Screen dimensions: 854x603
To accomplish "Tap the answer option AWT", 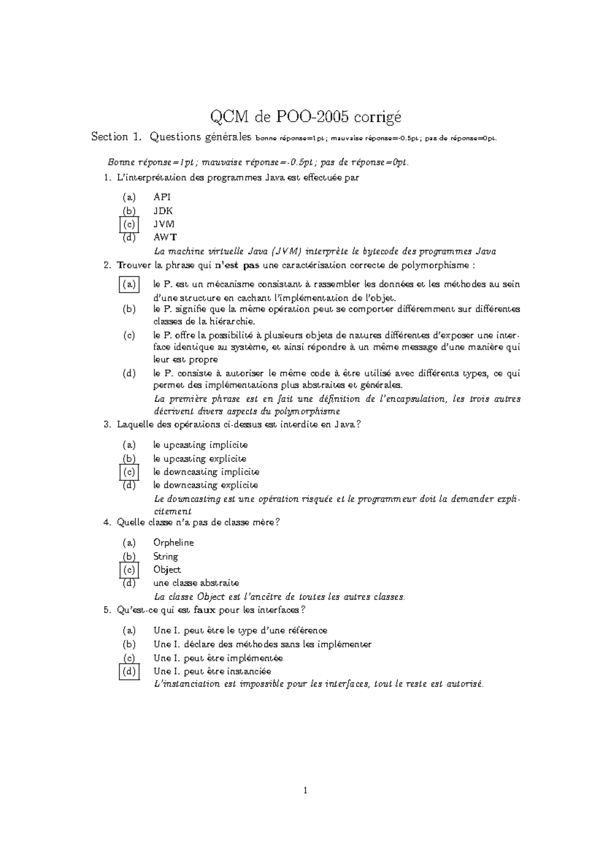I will [165, 237].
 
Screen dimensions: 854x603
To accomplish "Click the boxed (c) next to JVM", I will [129, 224].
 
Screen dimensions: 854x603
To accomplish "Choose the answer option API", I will [162, 197].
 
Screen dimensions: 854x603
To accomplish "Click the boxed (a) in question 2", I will [129, 285].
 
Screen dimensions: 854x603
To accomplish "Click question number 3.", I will [107, 424].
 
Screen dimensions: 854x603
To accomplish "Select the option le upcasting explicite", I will [199, 459].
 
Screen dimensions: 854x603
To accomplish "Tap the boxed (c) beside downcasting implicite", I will [129, 472].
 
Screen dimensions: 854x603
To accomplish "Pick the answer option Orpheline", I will [173, 543].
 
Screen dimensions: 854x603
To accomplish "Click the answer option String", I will [165, 556].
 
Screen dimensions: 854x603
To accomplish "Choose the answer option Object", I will [167, 570].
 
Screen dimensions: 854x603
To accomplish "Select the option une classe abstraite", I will [196, 583].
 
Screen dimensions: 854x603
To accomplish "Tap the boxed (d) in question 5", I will [129, 671].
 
